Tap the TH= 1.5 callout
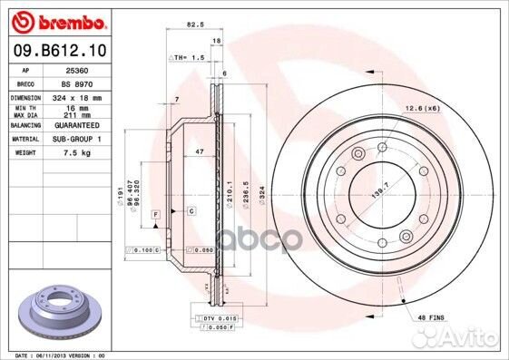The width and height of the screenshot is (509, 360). [x=188, y=57]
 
